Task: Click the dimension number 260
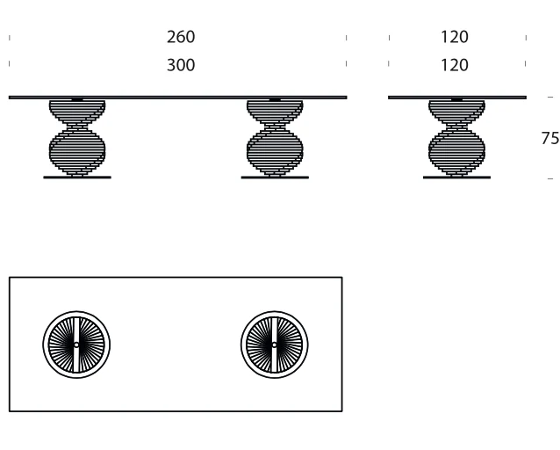181,37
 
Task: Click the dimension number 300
181,65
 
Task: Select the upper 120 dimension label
455,37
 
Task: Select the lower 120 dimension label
455,65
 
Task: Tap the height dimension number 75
550,138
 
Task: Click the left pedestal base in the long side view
77,138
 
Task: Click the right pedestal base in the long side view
275,138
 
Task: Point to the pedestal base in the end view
456,138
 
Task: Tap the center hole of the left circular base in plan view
76,345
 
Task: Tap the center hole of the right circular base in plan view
274,345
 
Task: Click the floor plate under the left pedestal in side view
77,177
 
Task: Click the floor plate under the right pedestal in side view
275,177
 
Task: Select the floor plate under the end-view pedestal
456,177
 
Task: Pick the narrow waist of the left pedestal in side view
77,127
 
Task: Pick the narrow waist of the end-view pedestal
456,127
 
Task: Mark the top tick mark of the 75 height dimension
550,97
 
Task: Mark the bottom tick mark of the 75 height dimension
550,178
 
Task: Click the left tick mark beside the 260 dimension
10,38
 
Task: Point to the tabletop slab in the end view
457,98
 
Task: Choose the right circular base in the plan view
274,311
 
